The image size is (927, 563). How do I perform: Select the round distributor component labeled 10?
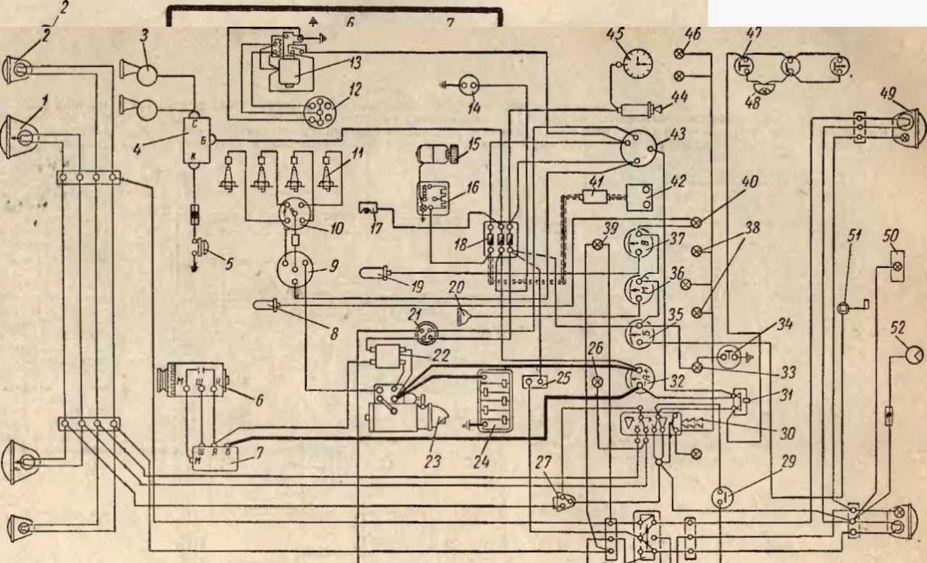coord(297,213)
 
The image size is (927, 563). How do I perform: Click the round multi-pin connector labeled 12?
coord(315,112)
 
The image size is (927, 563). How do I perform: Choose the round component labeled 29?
coord(722,498)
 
